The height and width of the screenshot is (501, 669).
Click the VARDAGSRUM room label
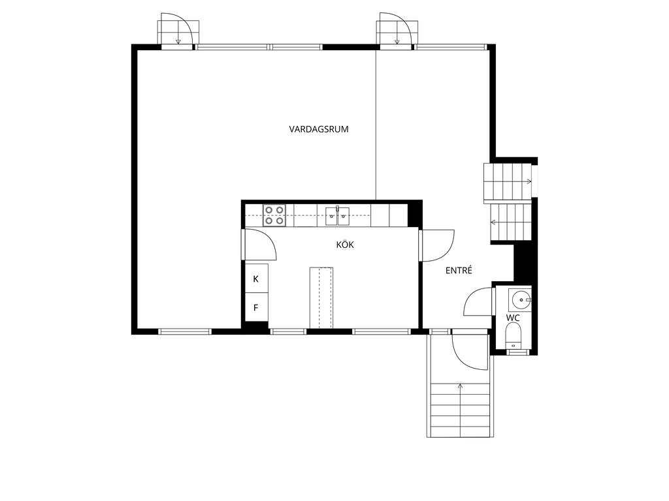click(x=319, y=129)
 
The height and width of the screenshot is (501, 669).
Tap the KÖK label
click(x=345, y=245)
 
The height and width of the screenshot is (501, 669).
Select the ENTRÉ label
click(x=459, y=270)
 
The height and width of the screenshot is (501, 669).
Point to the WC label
click(x=513, y=318)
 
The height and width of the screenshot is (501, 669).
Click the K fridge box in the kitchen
click(x=256, y=279)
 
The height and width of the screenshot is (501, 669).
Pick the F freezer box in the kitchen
click(x=256, y=307)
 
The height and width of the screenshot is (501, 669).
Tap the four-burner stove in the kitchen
click(x=274, y=215)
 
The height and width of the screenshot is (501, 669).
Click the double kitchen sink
click(x=338, y=216)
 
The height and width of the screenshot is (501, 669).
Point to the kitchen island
click(x=321, y=297)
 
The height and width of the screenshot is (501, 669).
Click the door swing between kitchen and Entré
click(x=438, y=246)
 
